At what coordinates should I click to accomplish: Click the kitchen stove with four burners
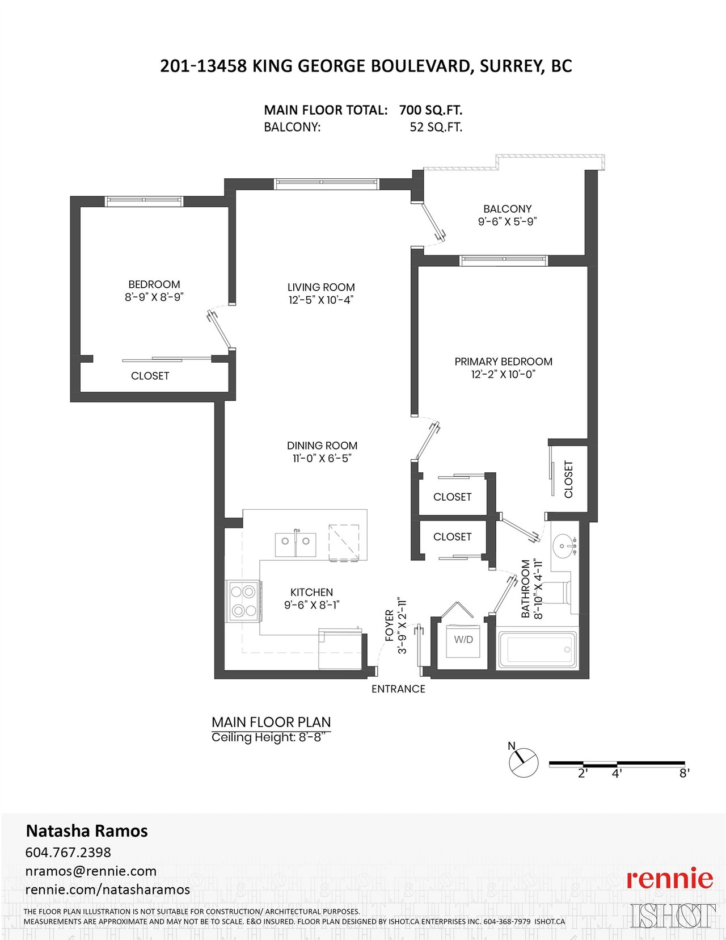pyautogui.click(x=243, y=601)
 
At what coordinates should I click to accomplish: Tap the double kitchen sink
pyautogui.click(x=296, y=545)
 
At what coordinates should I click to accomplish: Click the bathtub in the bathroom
pyautogui.click(x=538, y=649)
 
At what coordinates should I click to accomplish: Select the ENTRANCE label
pyautogui.click(x=398, y=689)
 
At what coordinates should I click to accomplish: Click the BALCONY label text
pyautogui.click(x=507, y=209)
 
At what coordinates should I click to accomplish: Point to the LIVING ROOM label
pyautogui.click(x=321, y=287)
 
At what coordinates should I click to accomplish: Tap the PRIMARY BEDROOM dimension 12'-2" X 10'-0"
pyautogui.click(x=504, y=374)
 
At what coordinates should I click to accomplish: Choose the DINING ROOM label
pyautogui.click(x=322, y=446)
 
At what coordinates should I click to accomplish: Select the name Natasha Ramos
pyautogui.click(x=87, y=831)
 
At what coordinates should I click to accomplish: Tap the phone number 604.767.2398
pyautogui.click(x=68, y=852)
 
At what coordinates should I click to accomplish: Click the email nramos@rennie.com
pyautogui.click(x=91, y=871)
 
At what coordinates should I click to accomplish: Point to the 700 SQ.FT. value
pyautogui.click(x=431, y=110)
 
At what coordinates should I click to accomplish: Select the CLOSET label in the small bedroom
pyautogui.click(x=150, y=376)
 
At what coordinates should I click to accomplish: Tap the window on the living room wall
pyautogui.click(x=327, y=184)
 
